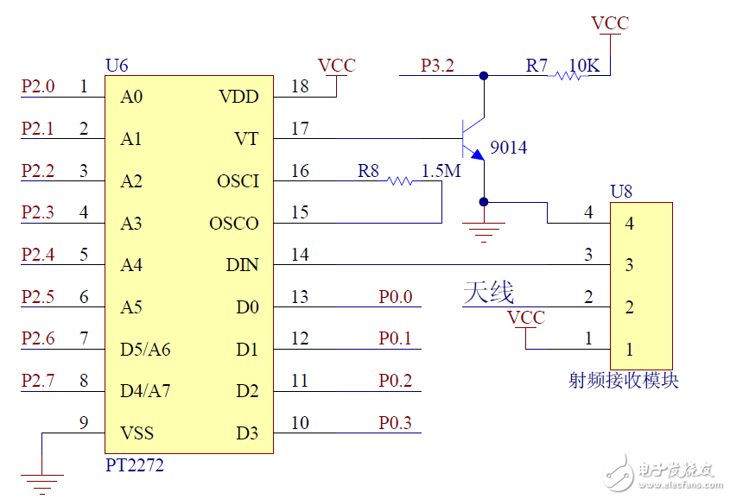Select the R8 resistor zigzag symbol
[400, 181]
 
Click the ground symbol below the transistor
[484, 229]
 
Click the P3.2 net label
[437, 66]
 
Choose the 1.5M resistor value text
[441, 171]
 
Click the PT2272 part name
[134, 465]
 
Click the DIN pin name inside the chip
[242, 265]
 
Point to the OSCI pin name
[238, 181]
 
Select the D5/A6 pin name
[145, 350]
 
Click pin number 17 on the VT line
[300, 129]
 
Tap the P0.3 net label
[395, 423]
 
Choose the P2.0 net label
[38, 86]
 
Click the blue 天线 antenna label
[489, 293]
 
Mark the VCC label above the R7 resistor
[610, 23]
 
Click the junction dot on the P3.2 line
[484, 76]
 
